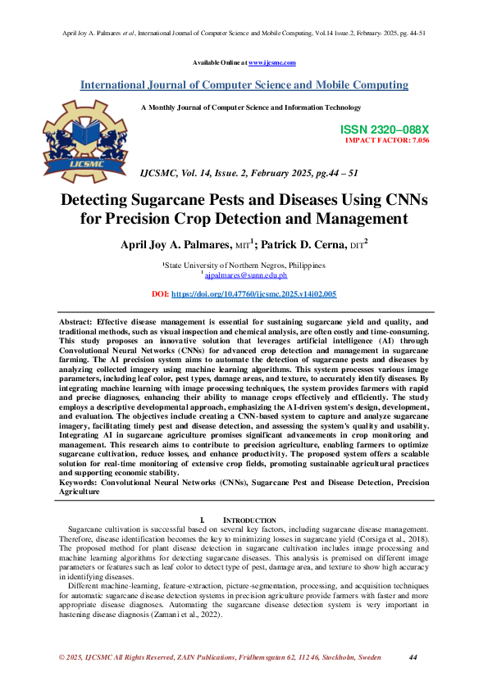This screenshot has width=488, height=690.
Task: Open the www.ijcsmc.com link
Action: tap(271, 62)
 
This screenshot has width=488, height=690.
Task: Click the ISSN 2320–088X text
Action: tap(384, 129)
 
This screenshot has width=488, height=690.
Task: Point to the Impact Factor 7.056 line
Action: tap(387, 140)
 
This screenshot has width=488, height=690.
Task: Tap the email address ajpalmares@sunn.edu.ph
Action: tap(247, 277)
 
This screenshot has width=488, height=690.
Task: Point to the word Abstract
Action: tap(76, 325)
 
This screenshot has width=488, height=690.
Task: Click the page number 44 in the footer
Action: tap(413, 658)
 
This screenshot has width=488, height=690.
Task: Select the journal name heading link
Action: tap(244, 84)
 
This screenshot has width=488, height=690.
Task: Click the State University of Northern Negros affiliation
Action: tap(244, 266)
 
